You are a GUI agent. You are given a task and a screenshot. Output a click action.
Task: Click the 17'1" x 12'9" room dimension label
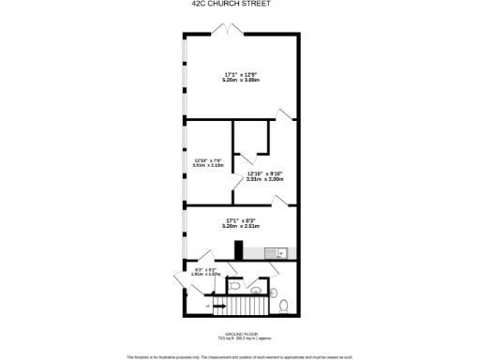pos(241,77)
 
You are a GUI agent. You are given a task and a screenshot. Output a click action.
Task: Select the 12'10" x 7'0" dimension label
pos(208,162)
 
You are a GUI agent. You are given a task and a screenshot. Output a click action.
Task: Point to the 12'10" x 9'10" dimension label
pos(265,175)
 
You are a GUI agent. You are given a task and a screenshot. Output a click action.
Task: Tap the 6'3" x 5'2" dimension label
pos(205,273)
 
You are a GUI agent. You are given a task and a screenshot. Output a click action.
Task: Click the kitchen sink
pos(271,251)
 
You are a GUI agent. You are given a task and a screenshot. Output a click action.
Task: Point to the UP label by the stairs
pos(207,306)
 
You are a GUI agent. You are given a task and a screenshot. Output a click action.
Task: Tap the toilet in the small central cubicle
pos(237,288)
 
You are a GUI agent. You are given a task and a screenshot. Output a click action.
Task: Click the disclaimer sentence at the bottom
pos(240,355)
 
